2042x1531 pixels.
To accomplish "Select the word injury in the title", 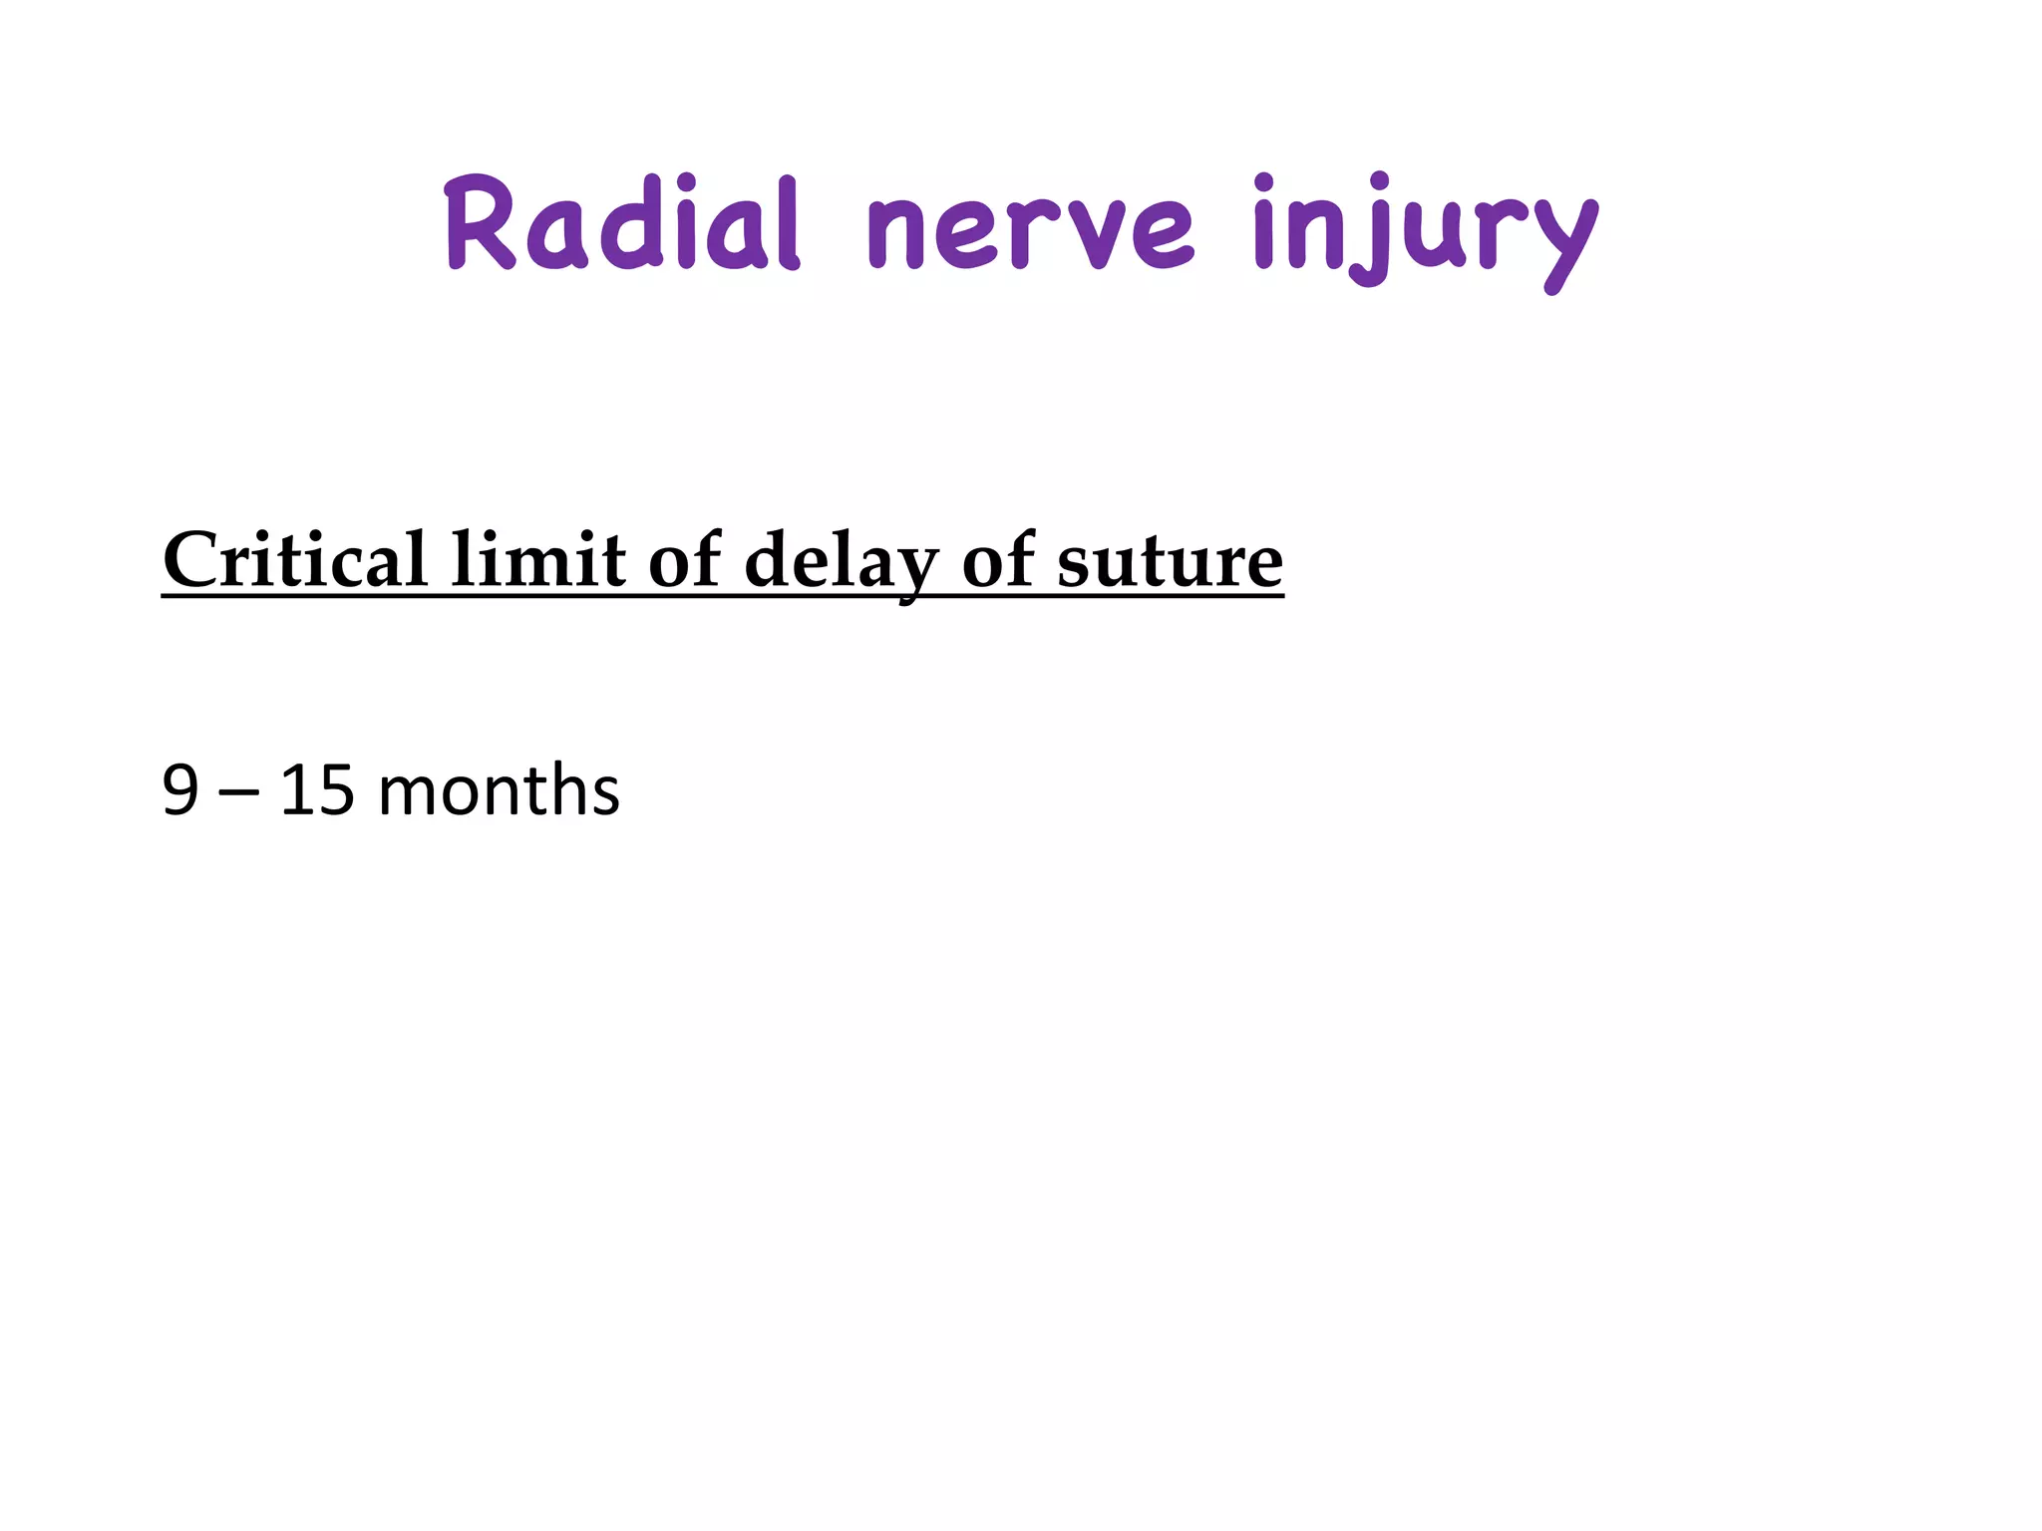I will point(1425,231).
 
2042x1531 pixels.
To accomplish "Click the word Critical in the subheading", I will point(295,560).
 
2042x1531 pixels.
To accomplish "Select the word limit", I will point(537,560).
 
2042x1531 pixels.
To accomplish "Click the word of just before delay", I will point(685,560).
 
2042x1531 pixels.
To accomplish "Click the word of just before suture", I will point(998,560).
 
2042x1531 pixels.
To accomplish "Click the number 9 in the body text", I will point(179,791).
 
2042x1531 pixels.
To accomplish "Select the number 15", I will point(317,791).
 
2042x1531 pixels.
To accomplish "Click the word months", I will point(499,791).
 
